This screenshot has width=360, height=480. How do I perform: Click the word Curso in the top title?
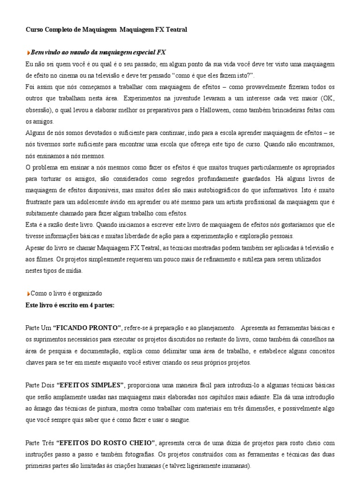point(33,30)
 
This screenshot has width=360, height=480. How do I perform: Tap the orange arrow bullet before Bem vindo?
point(28,52)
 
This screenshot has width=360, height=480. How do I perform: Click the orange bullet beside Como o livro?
point(28,293)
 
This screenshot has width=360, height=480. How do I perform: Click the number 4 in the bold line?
point(80,305)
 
